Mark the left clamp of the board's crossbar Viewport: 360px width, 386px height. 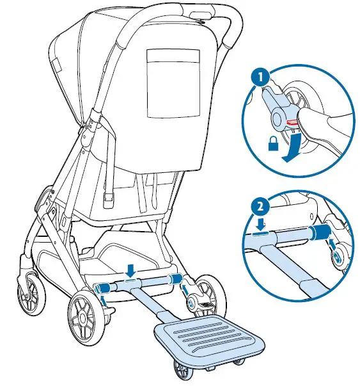[101, 288]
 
